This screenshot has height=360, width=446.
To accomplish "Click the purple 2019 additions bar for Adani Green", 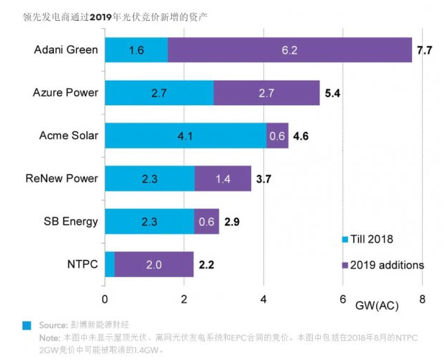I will pyautogui.click(x=289, y=50).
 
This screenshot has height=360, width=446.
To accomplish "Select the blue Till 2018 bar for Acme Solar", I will pyautogui.click(x=186, y=135).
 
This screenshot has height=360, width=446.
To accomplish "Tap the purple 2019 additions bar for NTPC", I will pyautogui.click(x=154, y=264).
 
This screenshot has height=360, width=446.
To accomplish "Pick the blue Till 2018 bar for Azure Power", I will pyautogui.click(x=160, y=92).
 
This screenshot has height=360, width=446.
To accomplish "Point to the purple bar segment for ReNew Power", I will pyautogui.click(x=223, y=178).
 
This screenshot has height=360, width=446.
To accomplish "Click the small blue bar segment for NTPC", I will pyautogui.click(x=110, y=264).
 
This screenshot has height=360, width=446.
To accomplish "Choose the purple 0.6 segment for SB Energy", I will pyautogui.click(x=206, y=221).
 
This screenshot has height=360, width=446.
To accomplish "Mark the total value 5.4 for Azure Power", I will pyautogui.click(x=332, y=93).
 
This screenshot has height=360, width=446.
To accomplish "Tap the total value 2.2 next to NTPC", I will pyautogui.click(x=206, y=264).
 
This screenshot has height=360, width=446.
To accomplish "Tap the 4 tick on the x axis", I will pyautogui.click(x=264, y=299).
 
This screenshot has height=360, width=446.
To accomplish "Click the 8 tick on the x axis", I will pyautogui.click(x=422, y=299).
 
